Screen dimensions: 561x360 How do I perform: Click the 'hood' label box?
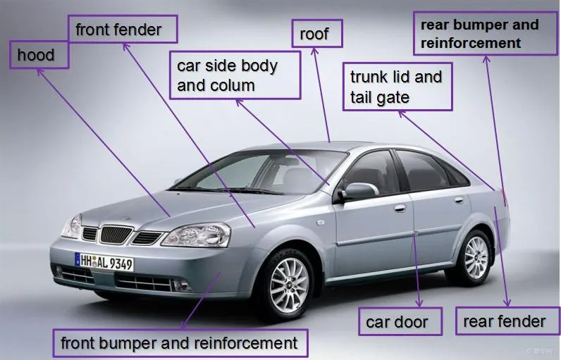pos(39,55)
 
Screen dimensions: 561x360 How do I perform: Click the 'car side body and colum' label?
pos(235,76)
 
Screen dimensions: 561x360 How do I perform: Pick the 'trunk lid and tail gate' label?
pos(397,87)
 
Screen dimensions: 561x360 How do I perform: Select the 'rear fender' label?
pos(504,322)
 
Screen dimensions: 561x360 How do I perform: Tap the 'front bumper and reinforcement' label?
pos(180,344)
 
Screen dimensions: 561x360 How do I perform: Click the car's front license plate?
pos(104,263)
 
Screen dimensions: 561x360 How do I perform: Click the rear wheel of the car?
pos(475,256)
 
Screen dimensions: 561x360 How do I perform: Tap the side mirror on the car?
pos(358,191)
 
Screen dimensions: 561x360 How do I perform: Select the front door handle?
pos(400,209)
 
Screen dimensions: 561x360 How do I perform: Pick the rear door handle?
pos(459,200)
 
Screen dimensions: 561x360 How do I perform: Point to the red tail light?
pos(502,197)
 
